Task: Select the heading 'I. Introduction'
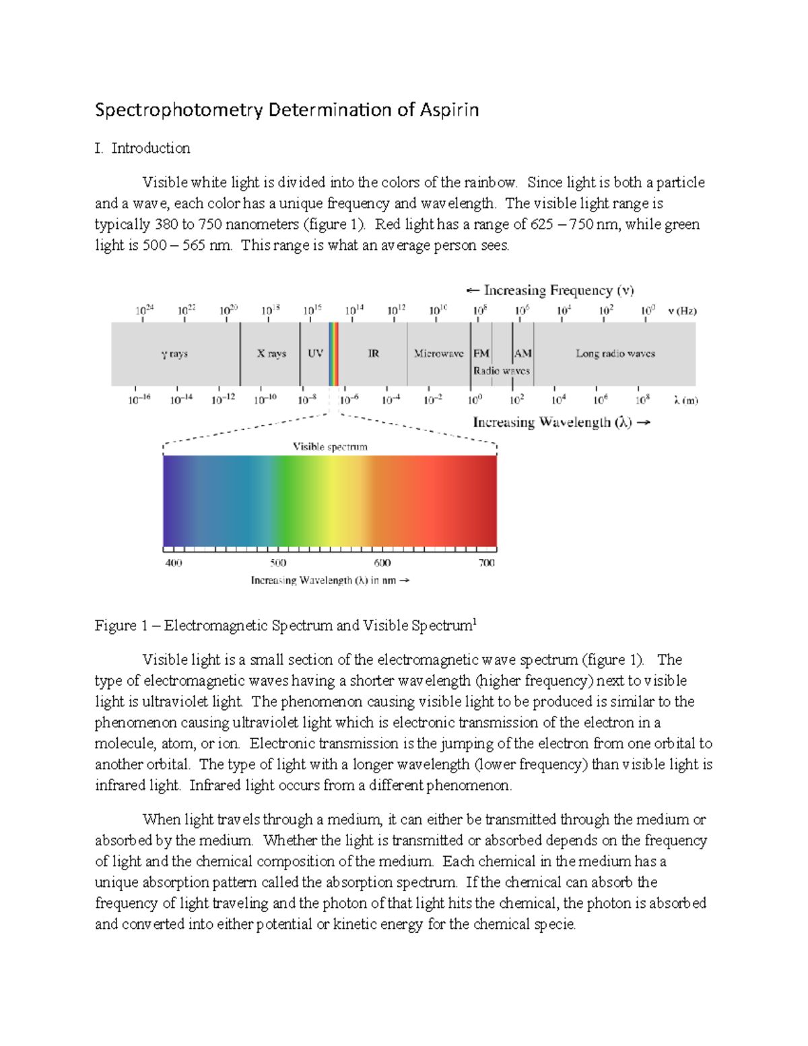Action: [x=142, y=148]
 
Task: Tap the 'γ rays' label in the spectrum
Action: [x=174, y=354]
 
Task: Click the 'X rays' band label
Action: [x=271, y=353]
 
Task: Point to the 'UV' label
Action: [x=315, y=353]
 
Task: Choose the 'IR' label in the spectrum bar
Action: [x=373, y=353]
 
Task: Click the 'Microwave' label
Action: [x=438, y=353]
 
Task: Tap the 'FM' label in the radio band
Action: [x=481, y=353]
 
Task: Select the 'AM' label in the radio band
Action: [x=523, y=353]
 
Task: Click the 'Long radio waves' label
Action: [x=615, y=353]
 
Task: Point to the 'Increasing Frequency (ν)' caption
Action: [x=550, y=290]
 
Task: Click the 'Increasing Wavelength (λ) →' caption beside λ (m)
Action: [x=561, y=422]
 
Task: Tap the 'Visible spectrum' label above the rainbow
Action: [x=330, y=447]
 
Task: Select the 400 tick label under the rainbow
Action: [x=174, y=563]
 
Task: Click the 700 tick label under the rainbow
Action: [x=486, y=563]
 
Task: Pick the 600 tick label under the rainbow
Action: [x=382, y=563]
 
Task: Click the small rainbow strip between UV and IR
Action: [x=333, y=354]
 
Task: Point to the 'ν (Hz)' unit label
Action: [x=682, y=311]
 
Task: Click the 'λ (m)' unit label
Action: [x=685, y=400]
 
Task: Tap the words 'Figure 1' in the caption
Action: [x=121, y=626]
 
